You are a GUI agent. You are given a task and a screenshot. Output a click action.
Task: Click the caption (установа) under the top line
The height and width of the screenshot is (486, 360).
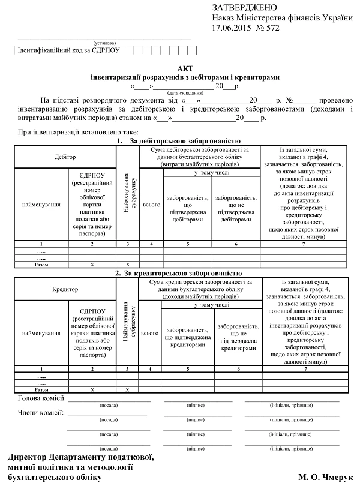click(x=104, y=43)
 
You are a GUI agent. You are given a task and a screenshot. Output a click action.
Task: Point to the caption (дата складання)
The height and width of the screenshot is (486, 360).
click(x=181, y=94)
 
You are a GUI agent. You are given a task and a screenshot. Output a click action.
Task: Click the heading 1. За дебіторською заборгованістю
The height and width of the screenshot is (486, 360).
click(x=180, y=141)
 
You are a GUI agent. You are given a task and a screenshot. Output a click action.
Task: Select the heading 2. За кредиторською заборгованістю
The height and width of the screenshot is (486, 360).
click(x=180, y=273)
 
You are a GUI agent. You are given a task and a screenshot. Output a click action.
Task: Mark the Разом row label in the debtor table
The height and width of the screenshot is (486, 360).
click(x=41, y=263)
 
